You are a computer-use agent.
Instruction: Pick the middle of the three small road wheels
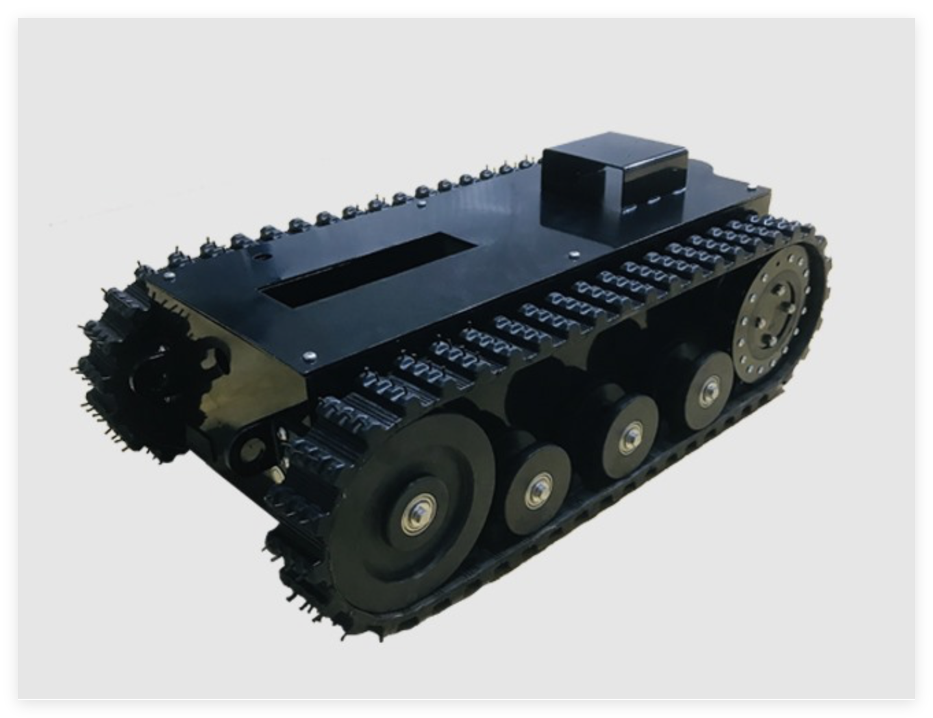pyautogui.click(x=630, y=435)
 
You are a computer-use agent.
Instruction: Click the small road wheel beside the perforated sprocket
pyautogui.click(x=708, y=390)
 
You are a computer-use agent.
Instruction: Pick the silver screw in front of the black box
pyautogui.click(x=574, y=256)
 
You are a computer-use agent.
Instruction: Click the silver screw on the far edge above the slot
pyautogui.click(x=420, y=203)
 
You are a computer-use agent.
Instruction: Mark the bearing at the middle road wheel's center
pyautogui.click(x=630, y=435)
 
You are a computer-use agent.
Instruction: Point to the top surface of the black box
pyautogui.click(x=613, y=155)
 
